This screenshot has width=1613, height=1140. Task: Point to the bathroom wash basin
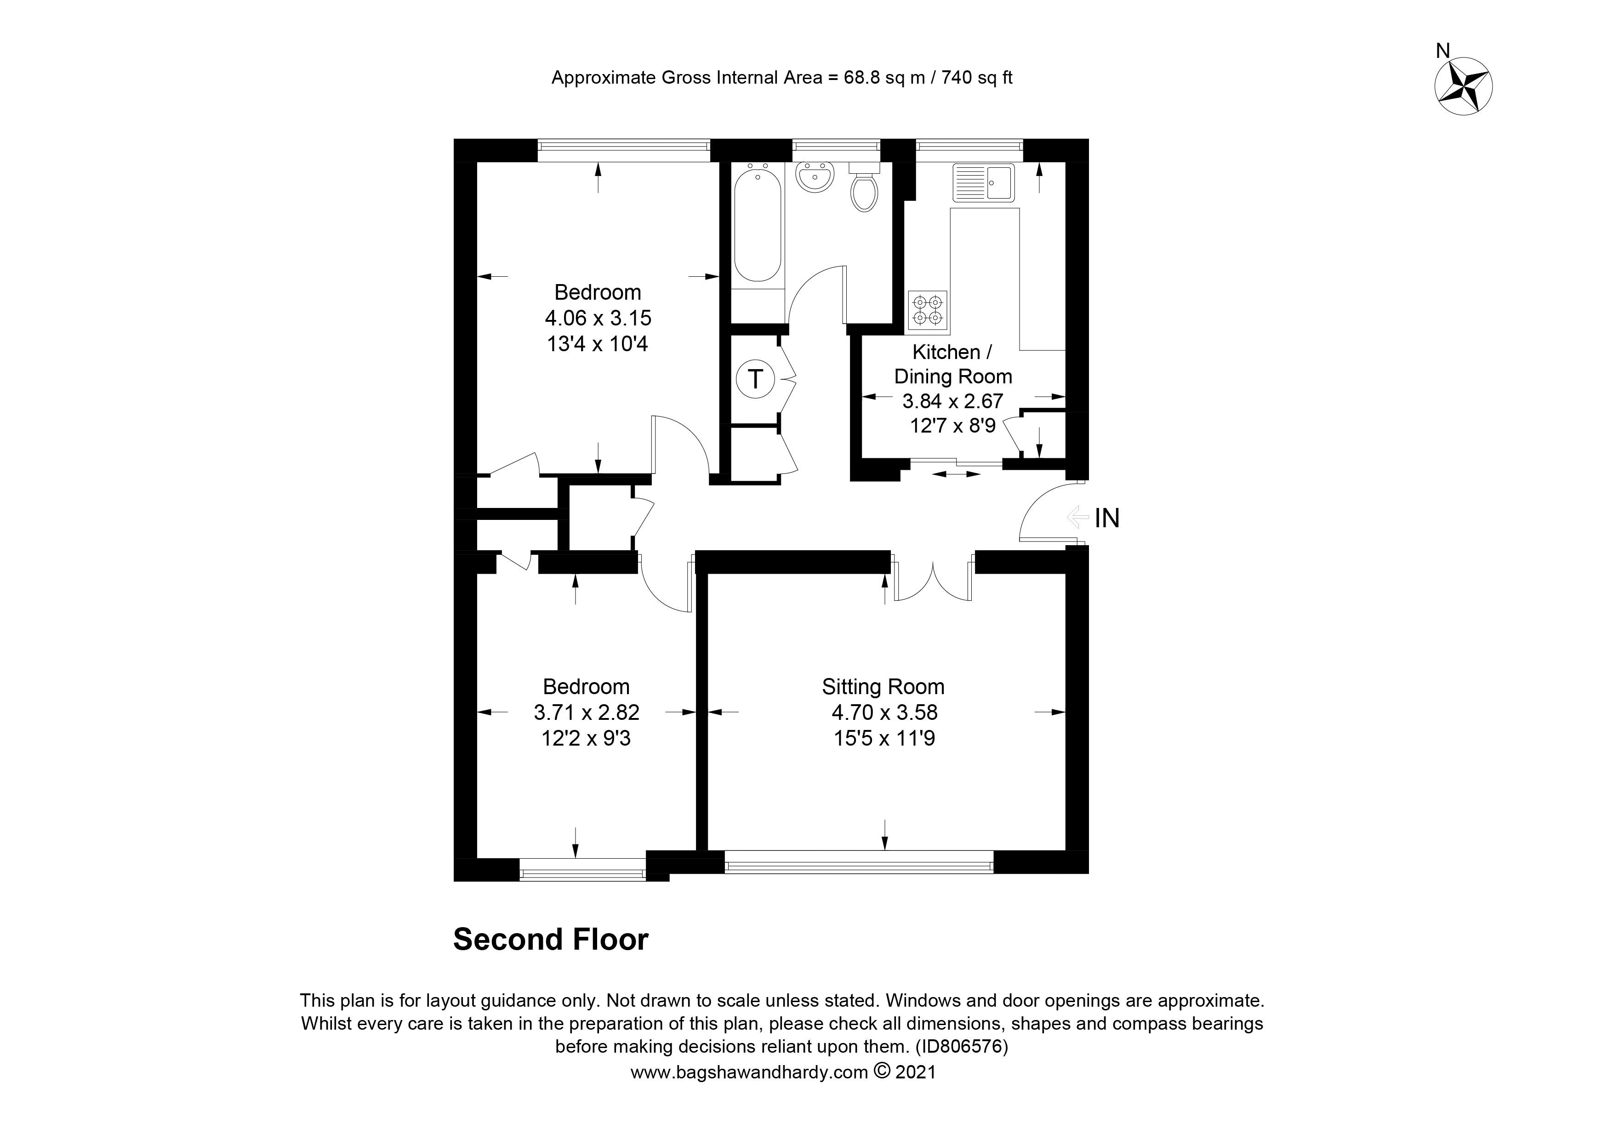click(815, 176)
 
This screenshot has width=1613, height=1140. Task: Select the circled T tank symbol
click(755, 379)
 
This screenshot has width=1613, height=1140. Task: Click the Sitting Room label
click(883, 686)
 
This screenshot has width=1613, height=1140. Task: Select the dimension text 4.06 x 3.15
click(598, 318)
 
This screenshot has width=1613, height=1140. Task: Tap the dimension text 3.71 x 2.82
click(587, 712)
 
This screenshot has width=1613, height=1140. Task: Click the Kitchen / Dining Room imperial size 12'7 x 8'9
click(952, 426)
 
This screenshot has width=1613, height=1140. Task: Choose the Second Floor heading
click(551, 939)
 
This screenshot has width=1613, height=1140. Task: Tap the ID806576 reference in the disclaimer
click(962, 1047)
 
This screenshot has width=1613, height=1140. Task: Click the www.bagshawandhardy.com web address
click(749, 1072)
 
